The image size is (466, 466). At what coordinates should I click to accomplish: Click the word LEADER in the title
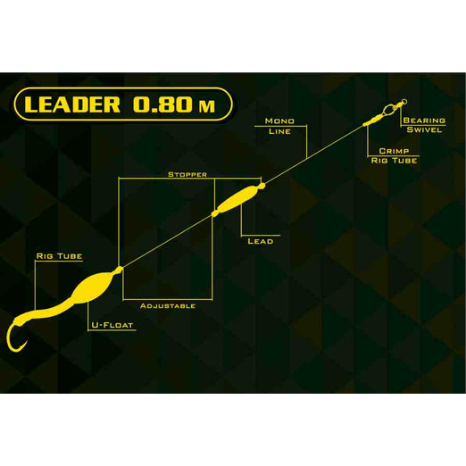tap(72, 104)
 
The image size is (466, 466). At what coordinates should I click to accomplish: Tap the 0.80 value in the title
tap(162, 104)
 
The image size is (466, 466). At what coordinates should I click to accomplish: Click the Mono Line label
tap(279, 126)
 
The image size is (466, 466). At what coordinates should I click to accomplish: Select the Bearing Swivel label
tap(424, 125)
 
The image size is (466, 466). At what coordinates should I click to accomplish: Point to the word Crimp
tap(394, 151)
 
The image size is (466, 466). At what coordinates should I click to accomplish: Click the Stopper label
tap(187, 174)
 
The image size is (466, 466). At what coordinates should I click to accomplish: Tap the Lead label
tap(261, 241)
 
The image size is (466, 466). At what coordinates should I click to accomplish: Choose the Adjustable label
tap(168, 306)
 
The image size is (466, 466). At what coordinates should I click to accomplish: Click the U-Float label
tap(112, 325)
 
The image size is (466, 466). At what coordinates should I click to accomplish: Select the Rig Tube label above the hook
tap(59, 256)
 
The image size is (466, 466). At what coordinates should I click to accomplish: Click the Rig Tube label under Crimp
tap(394, 161)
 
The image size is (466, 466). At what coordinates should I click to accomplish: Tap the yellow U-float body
tap(92, 287)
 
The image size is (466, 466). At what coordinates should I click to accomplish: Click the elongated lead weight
tap(237, 199)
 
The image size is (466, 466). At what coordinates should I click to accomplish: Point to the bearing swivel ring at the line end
tap(404, 103)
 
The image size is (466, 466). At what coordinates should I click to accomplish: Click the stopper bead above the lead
tap(262, 187)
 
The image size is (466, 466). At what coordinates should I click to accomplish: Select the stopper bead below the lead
tap(214, 213)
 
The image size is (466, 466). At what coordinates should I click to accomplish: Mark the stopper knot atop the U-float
tap(119, 270)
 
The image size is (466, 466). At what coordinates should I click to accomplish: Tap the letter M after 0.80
tap(207, 106)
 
